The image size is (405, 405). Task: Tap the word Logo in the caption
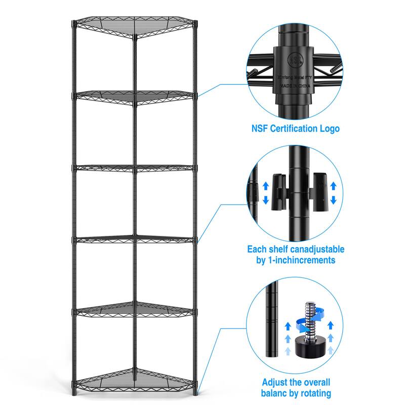(329, 128)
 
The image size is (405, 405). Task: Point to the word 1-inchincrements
(303, 261)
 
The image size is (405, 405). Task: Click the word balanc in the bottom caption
(280, 393)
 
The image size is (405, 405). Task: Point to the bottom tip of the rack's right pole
(196, 394)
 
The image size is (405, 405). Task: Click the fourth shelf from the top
(134, 237)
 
